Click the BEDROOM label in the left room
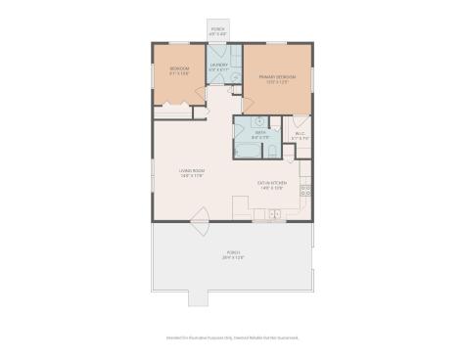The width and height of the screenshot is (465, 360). (x=179, y=68)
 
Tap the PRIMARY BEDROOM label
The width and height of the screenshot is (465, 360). (x=277, y=76)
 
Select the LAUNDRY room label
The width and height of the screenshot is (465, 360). (x=218, y=65)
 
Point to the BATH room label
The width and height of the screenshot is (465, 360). (x=259, y=133)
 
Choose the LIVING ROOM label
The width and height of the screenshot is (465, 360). (x=191, y=171)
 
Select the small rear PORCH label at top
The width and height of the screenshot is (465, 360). (x=218, y=29)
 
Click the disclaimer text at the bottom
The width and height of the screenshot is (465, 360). (x=232, y=337)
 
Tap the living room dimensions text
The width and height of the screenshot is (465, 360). (x=191, y=177)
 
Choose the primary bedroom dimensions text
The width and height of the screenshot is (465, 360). (x=277, y=82)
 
